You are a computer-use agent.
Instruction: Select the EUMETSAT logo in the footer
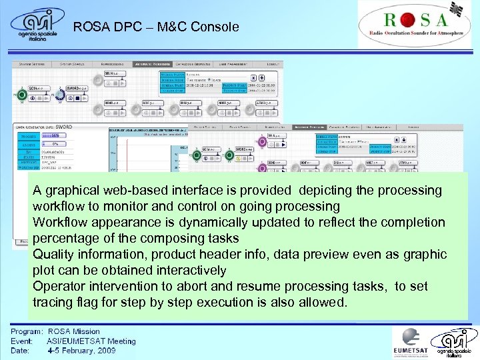coord(411,342)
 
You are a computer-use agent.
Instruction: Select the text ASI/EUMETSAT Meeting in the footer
coord(91,341)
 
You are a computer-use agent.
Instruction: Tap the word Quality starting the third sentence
coord(55,255)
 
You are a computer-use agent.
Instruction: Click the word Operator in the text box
coord(59,287)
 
